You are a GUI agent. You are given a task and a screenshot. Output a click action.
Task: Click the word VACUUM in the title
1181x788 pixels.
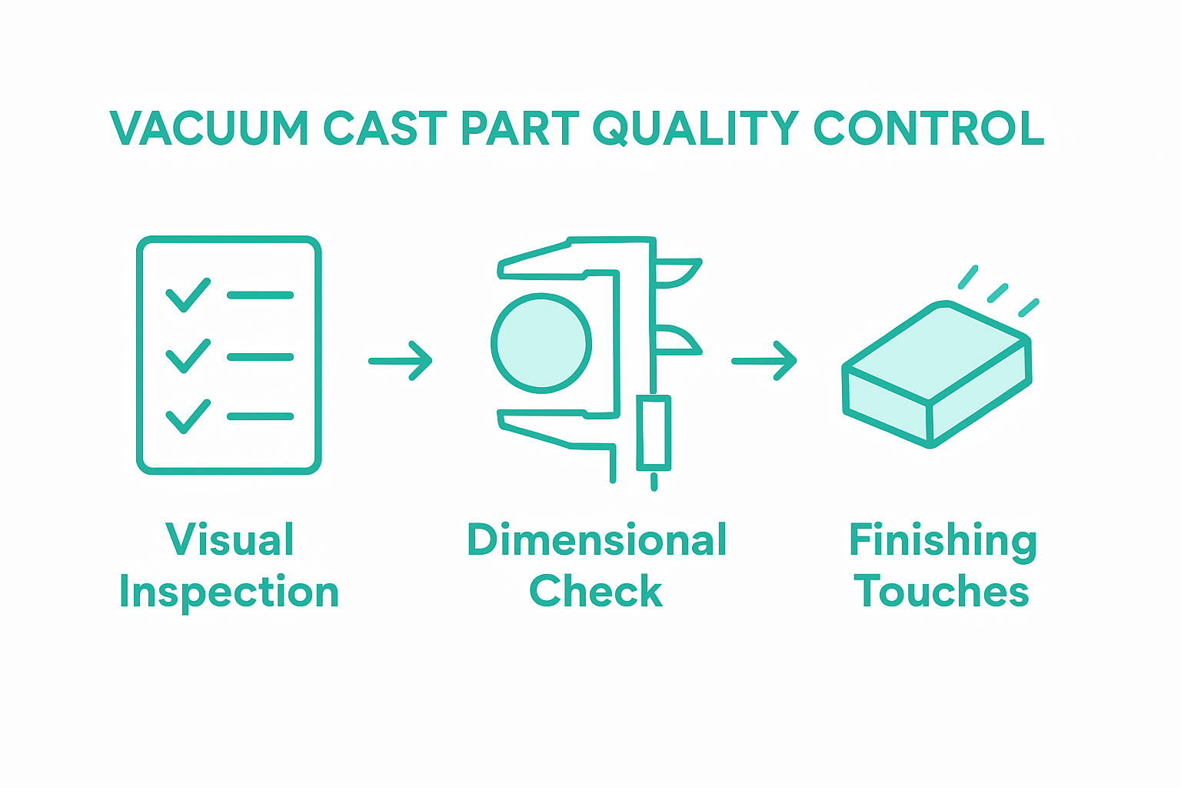tap(209, 129)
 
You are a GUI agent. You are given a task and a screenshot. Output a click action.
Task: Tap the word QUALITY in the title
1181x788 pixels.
tap(696, 129)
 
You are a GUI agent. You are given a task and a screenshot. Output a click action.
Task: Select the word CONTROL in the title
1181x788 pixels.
tap(929, 129)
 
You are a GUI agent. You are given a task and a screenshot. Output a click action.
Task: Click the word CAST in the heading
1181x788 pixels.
tap(384, 129)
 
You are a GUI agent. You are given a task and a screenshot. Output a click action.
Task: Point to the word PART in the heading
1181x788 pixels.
tap(520, 129)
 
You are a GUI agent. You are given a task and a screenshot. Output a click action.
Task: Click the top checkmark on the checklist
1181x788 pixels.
tap(188, 295)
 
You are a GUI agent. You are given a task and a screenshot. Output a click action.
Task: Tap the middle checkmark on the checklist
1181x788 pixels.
tap(188, 356)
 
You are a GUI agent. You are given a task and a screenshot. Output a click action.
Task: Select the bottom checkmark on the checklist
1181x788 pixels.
tap(188, 416)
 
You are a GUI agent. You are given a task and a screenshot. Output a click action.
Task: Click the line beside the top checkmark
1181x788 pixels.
tap(260, 295)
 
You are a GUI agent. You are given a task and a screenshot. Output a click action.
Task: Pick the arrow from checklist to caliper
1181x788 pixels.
tap(401, 361)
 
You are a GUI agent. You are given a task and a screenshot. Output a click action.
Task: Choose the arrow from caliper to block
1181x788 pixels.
tap(763, 361)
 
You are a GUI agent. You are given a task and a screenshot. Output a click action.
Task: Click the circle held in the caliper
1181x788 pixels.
tap(541, 343)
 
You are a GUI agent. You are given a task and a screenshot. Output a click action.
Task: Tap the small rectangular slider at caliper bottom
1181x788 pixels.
tap(654, 432)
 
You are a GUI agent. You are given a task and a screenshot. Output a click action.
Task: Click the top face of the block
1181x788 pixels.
tap(937, 351)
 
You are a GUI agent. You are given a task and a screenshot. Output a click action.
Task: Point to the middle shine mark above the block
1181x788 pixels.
tap(997, 293)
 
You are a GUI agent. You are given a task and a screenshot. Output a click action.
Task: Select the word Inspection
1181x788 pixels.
tap(229, 593)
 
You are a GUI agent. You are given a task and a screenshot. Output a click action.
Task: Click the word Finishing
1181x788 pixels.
tap(943, 541)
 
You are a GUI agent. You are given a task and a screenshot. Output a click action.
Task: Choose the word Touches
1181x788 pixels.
tap(941, 591)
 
